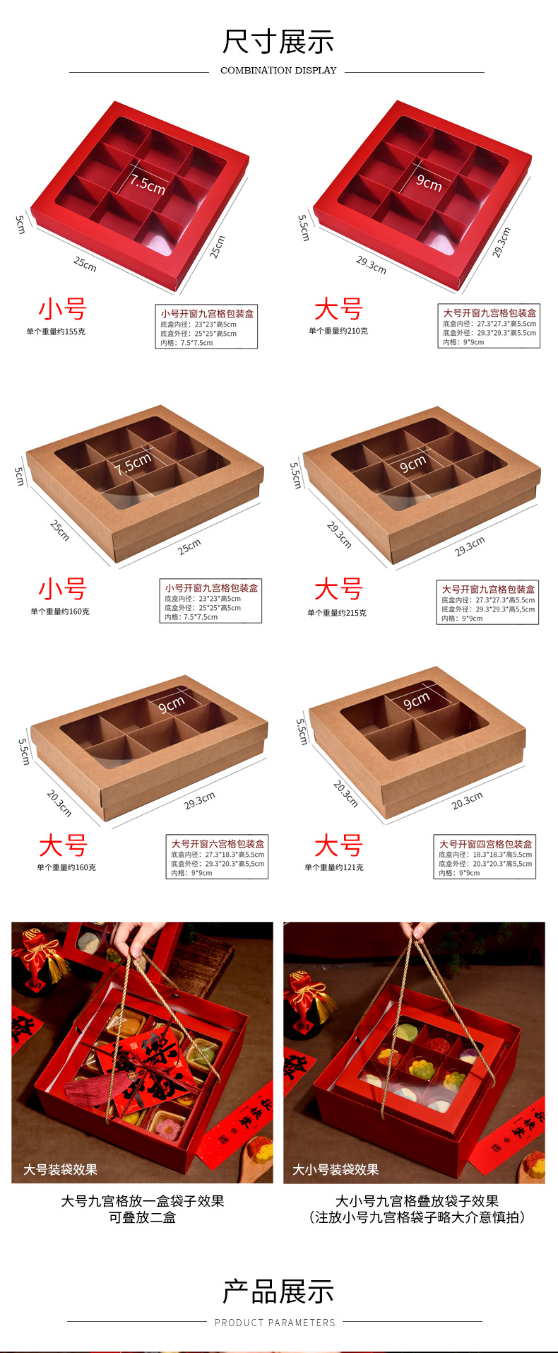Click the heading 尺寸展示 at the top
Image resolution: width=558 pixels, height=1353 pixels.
(x=278, y=42)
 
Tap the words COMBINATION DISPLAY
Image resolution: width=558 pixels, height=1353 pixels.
(x=278, y=71)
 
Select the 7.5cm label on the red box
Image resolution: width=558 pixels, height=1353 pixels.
(x=147, y=184)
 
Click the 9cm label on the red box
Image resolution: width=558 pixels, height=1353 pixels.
(x=429, y=183)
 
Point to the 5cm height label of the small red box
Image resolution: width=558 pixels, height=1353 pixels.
(x=20, y=225)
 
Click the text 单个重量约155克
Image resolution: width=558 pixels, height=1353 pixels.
(x=56, y=332)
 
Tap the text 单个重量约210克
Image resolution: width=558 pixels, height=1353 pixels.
(x=338, y=331)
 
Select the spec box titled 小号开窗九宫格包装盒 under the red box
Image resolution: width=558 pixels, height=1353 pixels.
(x=207, y=327)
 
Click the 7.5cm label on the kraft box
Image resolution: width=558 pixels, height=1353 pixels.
(x=133, y=464)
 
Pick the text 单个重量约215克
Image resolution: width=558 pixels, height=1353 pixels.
(x=337, y=613)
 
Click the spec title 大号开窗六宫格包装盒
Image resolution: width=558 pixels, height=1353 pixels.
(x=218, y=844)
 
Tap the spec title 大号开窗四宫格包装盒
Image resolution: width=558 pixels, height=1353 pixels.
(x=486, y=844)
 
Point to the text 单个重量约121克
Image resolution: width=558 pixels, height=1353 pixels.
(x=334, y=867)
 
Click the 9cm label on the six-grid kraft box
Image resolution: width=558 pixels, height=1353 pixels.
(x=171, y=704)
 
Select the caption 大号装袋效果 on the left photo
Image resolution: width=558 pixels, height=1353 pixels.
(x=60, y=1170)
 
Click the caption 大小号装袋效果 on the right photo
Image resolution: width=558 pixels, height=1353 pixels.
(x=336, y=1170)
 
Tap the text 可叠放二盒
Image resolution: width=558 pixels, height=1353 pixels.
(x=142, y=1217)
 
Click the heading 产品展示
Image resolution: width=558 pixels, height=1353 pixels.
(x=278, y=1292)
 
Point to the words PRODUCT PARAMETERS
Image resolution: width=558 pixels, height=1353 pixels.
(x=275, y=1323)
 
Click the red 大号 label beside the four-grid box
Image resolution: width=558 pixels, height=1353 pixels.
(x=338, y=845)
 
